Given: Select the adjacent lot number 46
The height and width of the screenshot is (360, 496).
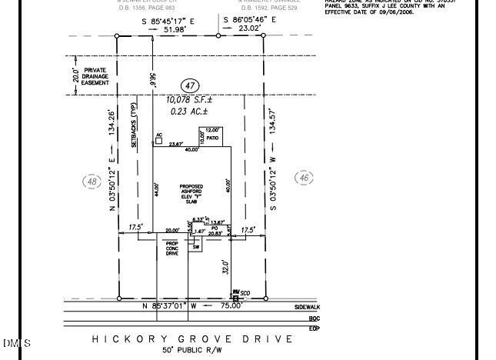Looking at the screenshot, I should click(305, 178).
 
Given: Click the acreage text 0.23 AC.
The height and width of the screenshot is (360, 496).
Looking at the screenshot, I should click(190, 112).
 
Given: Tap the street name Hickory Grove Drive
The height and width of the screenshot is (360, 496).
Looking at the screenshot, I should click(192, 338).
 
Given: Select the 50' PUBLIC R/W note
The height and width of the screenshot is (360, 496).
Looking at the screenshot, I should click(192, 350).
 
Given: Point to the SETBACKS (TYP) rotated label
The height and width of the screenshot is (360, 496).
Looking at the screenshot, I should click(133, 125).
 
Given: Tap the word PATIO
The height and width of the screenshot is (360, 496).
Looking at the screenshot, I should click(211, 138).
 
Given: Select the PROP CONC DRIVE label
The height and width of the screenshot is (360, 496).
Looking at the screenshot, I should click(172, 248).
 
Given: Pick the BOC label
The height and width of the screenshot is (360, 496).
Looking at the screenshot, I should click(314, 318).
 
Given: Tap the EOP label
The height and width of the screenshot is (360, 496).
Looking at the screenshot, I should click(314, 328).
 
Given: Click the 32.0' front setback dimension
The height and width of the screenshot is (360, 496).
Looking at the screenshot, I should click(226, 266).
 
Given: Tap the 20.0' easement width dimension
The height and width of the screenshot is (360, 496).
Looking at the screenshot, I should click(75, 75).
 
